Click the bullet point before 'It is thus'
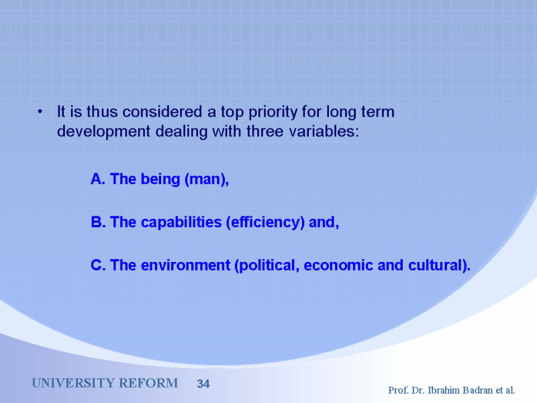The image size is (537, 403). pos(40,111)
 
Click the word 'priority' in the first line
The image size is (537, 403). pos(273,112)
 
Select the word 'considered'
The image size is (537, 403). pos(162,111)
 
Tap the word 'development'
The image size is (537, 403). pos(103,132)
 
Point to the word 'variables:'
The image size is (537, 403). pos(324,131)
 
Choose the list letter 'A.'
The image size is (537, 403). pos(98,179)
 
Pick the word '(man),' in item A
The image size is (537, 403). pos(207,179)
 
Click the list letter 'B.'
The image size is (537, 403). pos(98,222)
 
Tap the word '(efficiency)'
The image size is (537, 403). pos(265,223)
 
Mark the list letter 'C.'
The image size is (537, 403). pos(98,265)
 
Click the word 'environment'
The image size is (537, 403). pos(186,265)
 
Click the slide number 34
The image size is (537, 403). pos(203,384)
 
